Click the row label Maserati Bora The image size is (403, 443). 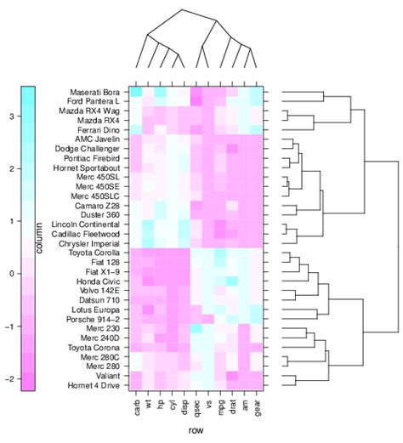[95, 92]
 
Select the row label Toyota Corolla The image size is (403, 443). [94, 253]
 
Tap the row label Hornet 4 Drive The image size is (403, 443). [95, 387]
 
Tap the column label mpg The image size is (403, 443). [218, 408]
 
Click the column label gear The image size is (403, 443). [258, 408]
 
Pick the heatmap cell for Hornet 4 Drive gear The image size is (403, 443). [258, 387]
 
